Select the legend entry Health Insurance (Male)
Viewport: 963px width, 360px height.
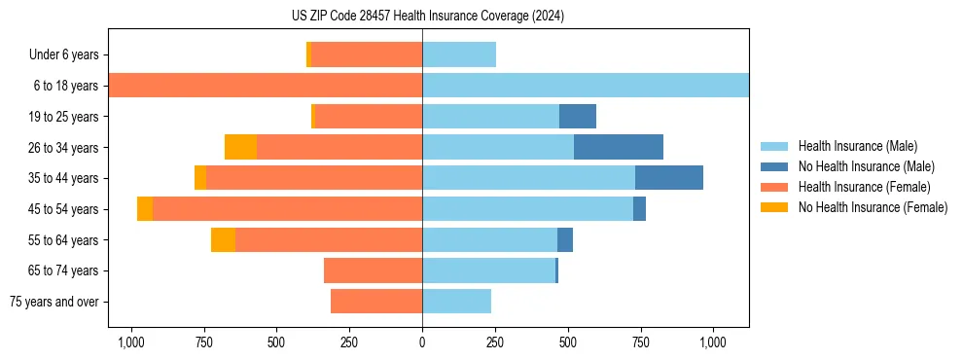(857, 146)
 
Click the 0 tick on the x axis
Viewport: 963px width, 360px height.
(422, 342)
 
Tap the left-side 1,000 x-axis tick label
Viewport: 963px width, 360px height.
(130, 342)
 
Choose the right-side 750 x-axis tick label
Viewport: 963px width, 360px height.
(641, 342)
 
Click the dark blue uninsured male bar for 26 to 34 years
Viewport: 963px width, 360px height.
(619, 147)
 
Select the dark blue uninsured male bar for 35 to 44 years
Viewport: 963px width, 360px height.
(669, 178)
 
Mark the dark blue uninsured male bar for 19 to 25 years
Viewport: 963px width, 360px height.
(578, 117)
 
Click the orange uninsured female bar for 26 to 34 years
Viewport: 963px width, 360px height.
(240, 147)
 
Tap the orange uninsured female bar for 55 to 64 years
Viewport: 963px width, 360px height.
(223, 239)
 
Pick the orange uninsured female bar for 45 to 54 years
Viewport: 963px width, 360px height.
(145, 209)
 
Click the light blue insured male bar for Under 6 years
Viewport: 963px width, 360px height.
(459, 55)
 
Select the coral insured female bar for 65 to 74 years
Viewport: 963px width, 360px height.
(373, 270)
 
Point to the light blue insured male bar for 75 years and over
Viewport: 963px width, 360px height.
(456, 302)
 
